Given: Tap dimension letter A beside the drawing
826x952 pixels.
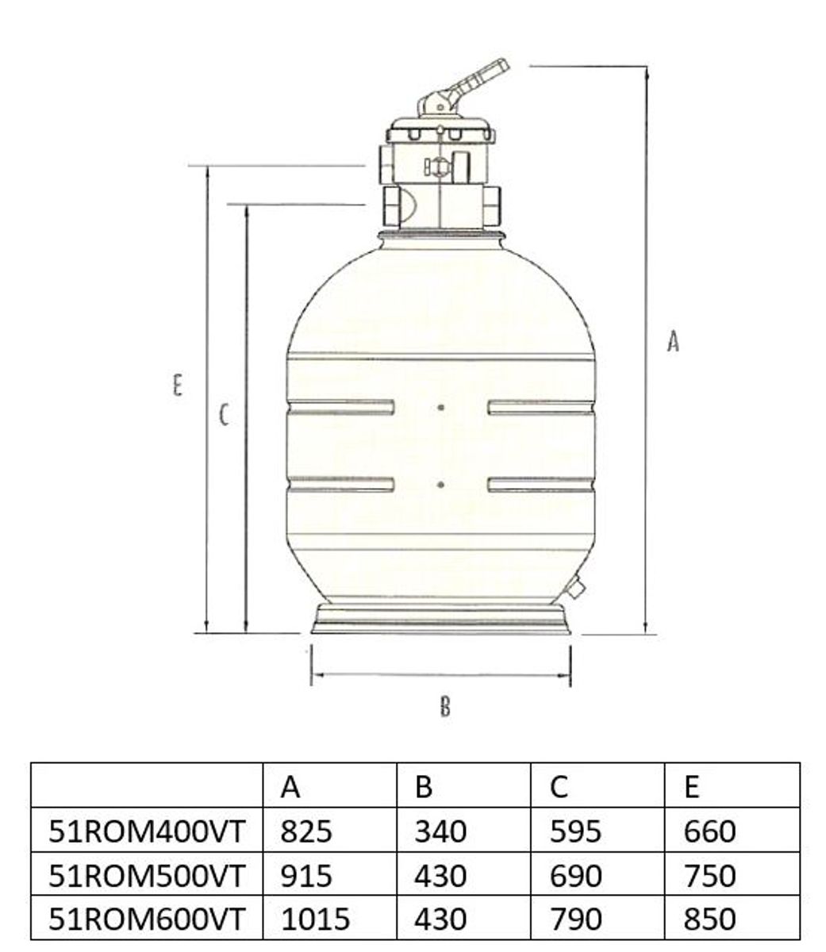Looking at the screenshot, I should (x=673, y=341).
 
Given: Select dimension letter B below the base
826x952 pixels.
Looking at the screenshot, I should (x=445, y=705).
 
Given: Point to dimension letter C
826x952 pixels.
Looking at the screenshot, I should (x=225, y=414).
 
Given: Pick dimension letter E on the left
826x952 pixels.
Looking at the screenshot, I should (x=178, y=386).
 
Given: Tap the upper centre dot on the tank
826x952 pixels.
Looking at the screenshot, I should (x=440, y=407).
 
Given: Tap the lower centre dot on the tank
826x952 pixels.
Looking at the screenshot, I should (x=440, y=483).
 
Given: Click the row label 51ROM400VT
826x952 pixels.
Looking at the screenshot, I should (x=148, y=831).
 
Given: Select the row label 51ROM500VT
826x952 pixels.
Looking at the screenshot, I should (x=148, y=875).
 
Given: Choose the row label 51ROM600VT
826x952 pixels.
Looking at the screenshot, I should (x=148, y=919).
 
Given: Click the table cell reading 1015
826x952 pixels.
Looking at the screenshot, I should (x=315, y=919).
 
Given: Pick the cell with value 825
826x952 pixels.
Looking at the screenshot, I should (x=306, y=831).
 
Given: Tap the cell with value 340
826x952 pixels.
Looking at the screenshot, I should (x=440, y=831).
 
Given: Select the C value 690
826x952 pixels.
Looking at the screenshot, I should (x=575, y=875).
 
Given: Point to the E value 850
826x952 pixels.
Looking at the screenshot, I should (x=709, y=919).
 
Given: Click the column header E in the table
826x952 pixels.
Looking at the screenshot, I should (x=691, y=786).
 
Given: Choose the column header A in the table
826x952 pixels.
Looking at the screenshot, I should (x=290, y=786).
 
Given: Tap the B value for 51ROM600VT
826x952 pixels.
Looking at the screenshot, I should (x=440, y=919).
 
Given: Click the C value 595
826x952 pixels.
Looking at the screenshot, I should (x=575, y=831).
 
